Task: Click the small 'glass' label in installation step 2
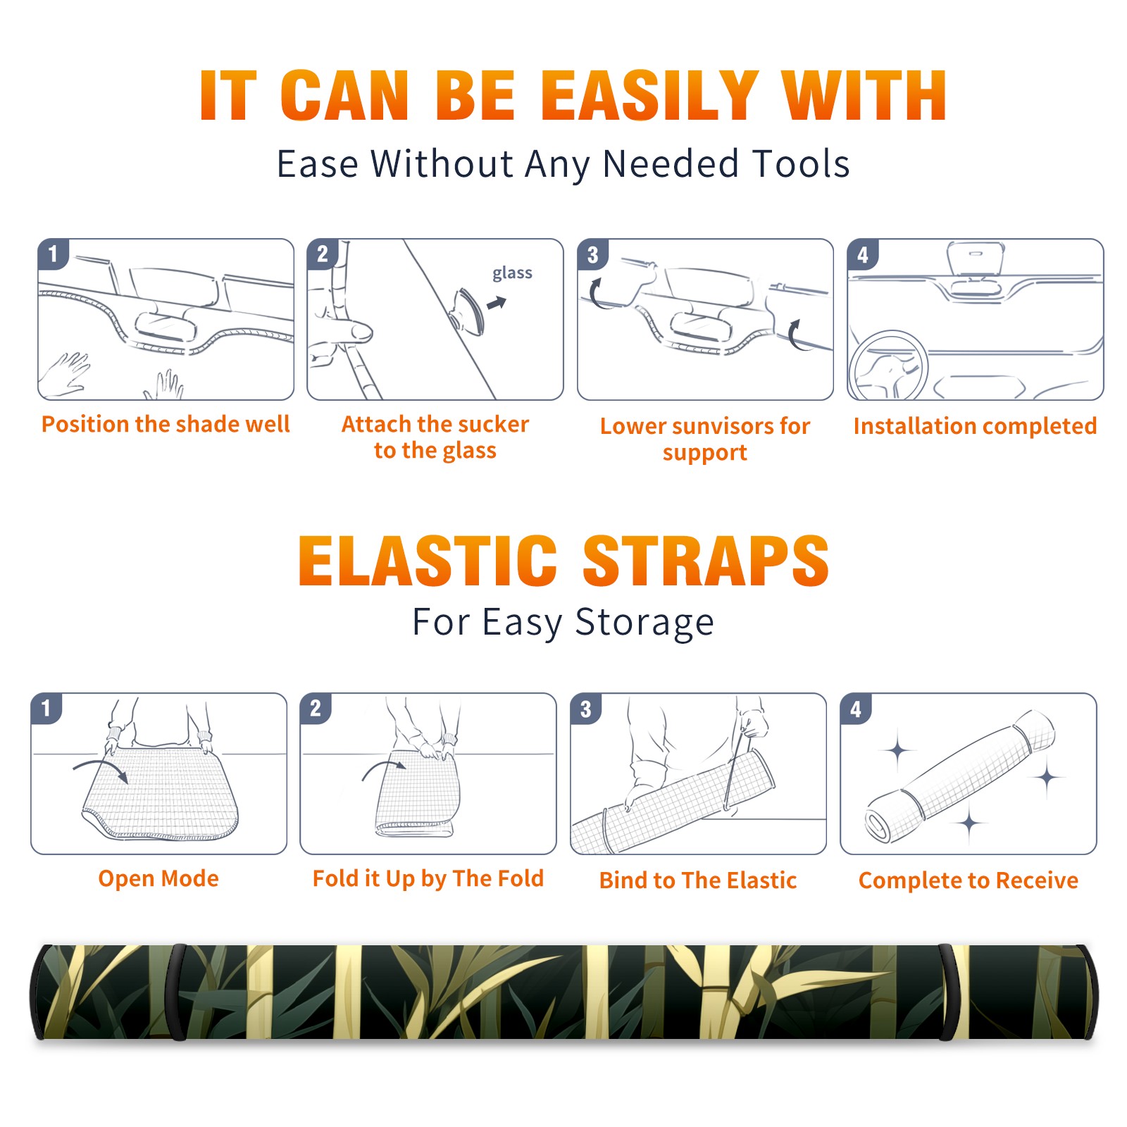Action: pyautogui.click(x=512, y=273)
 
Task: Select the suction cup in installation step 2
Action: pyautogui.click(x=468, y=311)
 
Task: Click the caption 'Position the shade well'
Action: pyautogui.click(x=166, y=424)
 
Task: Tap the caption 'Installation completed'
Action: pyautogui.click(x=975, y=426)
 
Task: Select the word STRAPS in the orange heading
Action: pyautogui.click(x=706, y=561)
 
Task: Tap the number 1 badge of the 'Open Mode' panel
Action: pyautogui.click(x=46, y=708)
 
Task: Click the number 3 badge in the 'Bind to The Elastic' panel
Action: pyautogui.click(x=586, y=709)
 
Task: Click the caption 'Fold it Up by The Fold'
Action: pyautogui.click(x=428, y=879)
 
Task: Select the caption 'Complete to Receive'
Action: pyautogui.click(x=969, y=880)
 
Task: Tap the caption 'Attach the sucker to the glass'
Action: pyautogui.click(x=435, y=437)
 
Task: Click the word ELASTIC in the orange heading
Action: pyautogui.click(x=428, y=561)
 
